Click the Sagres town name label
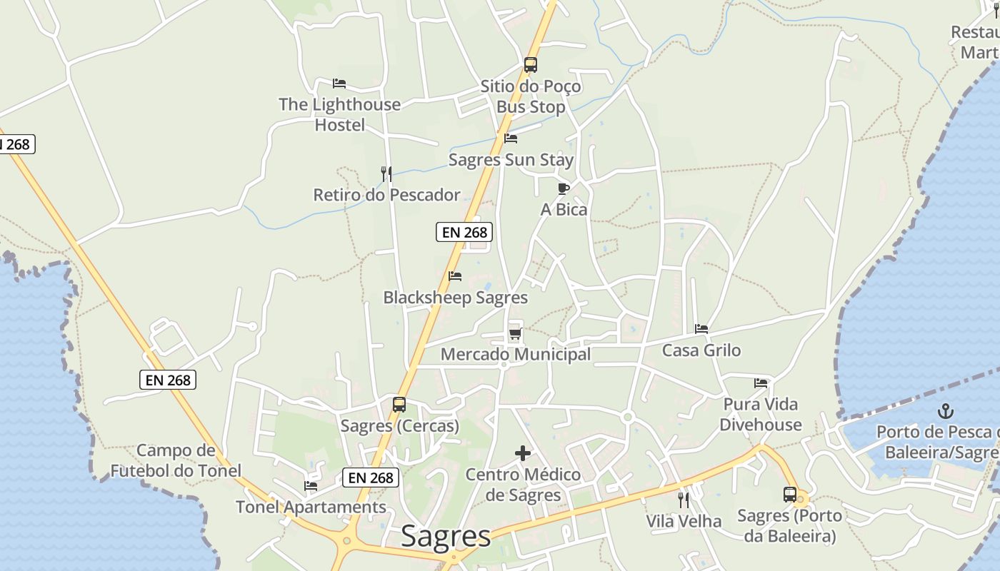point(446,536)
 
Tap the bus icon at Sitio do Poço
point(530,65)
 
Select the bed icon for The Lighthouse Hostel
point(339,84)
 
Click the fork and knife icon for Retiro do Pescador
point(386,173)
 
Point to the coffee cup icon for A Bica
point(563,188)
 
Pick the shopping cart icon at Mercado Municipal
point(515,333)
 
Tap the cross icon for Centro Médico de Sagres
point(523,453)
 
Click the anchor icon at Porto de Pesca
point(946,411)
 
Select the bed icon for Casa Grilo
point(701,329)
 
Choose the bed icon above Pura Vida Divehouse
point(761,383)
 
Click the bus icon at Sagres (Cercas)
point(399,405)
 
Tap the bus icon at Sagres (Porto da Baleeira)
point(790,495)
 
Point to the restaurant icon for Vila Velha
point(684,500)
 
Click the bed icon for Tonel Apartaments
point(311,486)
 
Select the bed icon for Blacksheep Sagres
point(455,276)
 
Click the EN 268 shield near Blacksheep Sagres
point(464,232)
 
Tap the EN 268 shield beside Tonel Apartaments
point(370,477)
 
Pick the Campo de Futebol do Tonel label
point(176,460)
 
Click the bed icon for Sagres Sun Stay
point(511,138)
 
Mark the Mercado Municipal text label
point(516,354)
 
